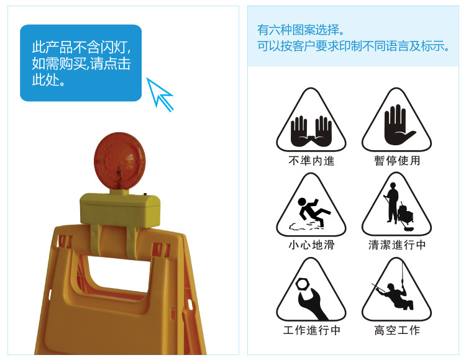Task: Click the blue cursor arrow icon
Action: point(160,93)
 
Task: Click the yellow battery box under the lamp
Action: point(120,209)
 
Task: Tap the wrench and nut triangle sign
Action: point(311,294)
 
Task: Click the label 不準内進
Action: point(311,161)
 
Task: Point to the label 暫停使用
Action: point(397,161)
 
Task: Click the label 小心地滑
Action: point(311,245)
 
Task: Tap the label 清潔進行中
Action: point(397,245)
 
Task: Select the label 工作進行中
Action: point(311,330)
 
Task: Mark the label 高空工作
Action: point(397,330)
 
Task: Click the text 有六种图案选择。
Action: point(301,30)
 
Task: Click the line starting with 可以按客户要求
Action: point(353,47)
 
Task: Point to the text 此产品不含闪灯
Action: point(82,47)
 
